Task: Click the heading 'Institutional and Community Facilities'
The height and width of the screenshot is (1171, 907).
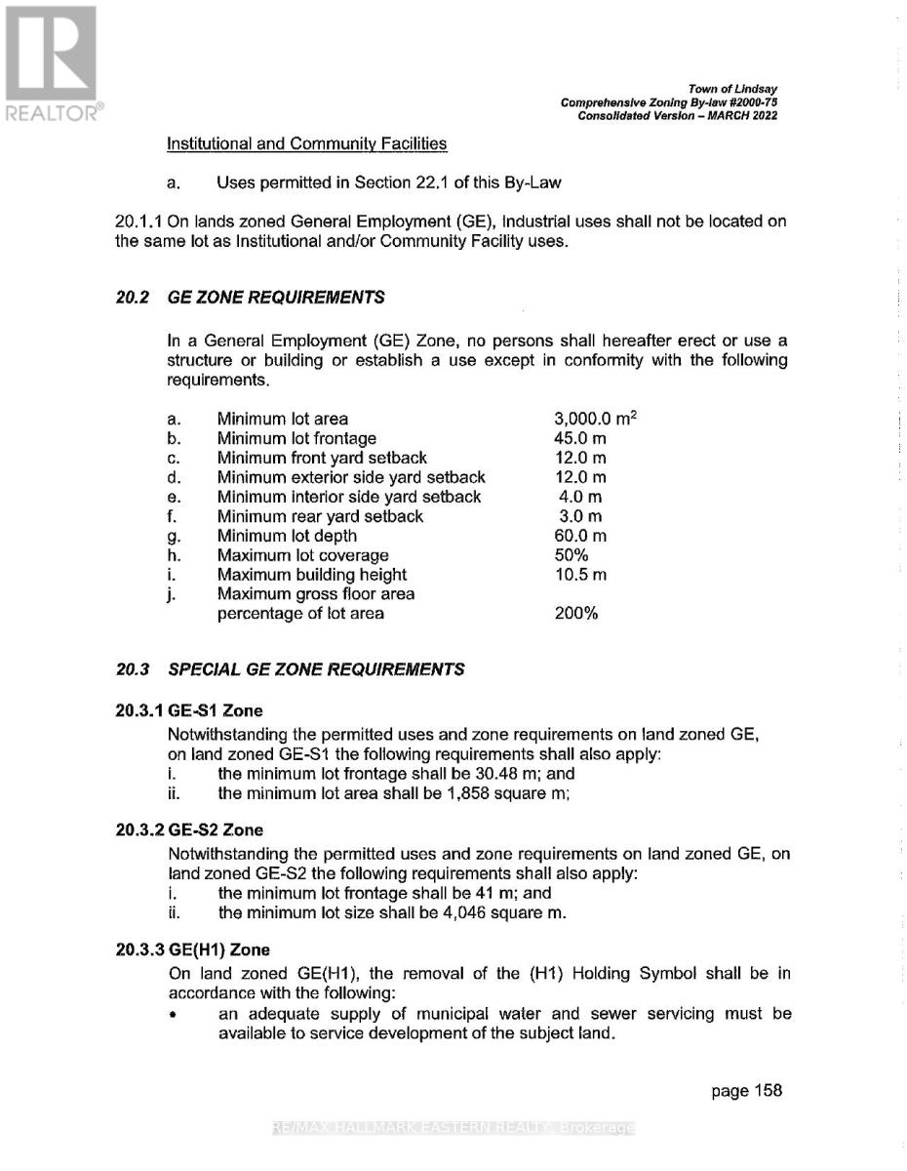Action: click(x=307, y=143)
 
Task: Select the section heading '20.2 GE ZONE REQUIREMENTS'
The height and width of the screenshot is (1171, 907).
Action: click(x=250, y=297)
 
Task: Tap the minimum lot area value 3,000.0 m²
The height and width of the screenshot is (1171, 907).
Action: click(x=595, y=419)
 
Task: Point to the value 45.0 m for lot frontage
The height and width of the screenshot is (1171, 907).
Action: click(x=579, y=438)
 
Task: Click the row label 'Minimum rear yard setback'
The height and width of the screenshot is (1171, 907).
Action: click(x=320, y=516)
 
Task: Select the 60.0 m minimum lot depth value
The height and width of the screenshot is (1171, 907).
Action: click(x=579, y=536)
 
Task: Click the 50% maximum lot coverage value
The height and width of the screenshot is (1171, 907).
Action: click(x=572, y=555)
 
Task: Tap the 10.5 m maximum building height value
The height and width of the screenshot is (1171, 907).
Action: click(x=579, y=575)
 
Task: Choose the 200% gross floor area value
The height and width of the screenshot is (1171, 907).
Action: click(x=575, y=614)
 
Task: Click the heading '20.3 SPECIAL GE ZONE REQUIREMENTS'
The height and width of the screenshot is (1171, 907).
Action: click(x=290, y=669)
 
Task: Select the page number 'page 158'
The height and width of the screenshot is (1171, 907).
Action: click(x=746, y=1091)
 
